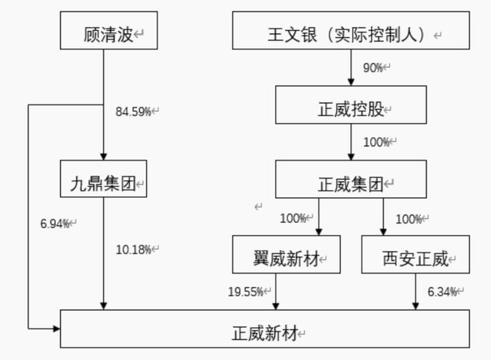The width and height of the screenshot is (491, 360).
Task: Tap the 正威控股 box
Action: pos(351,109)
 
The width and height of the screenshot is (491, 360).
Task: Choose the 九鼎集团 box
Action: pos(104,179)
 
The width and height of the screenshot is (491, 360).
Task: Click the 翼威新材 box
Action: pos(286,256)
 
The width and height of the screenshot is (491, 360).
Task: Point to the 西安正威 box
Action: pos(416,256)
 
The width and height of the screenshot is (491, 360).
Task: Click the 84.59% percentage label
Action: pos(134,111)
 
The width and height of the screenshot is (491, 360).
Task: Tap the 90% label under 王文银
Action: pos(373,68)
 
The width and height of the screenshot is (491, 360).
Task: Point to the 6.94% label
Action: pos(56,224)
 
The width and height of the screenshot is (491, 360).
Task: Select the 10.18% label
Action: pos(134,249)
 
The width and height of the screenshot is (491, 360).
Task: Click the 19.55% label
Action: pos(246,291)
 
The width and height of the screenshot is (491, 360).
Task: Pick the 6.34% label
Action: pos(443,291)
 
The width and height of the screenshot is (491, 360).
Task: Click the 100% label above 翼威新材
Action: pos(294,219)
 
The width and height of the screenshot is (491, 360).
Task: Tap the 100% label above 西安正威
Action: pos(409,219)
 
